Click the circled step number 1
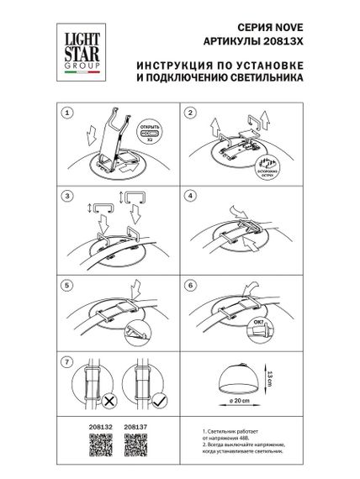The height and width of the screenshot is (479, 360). tap(69, 112)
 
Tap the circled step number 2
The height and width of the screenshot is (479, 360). tap(190, 112)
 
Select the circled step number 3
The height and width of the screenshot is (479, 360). tap(69, 196)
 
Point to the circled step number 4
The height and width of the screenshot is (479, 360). tap(190, 196)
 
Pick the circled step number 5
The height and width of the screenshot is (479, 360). tap(69, 283)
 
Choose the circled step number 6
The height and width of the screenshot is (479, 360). tap(190, 283)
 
